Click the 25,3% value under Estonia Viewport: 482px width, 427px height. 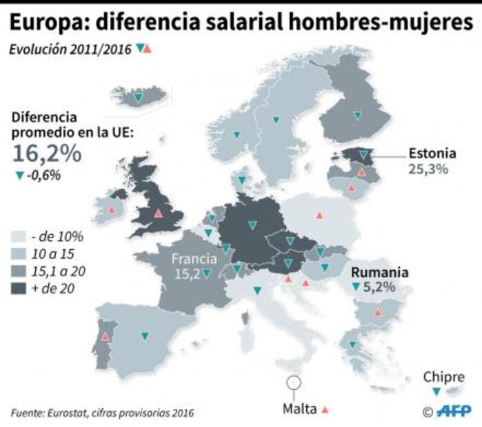429,169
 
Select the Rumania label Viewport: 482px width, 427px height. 380,272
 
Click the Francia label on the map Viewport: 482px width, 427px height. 194,260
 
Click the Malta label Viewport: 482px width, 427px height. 299,408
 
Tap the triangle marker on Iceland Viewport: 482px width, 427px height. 139,98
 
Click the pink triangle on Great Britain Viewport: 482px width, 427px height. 159,213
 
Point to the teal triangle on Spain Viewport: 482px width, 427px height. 145,336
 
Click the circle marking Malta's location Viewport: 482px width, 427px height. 294,380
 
